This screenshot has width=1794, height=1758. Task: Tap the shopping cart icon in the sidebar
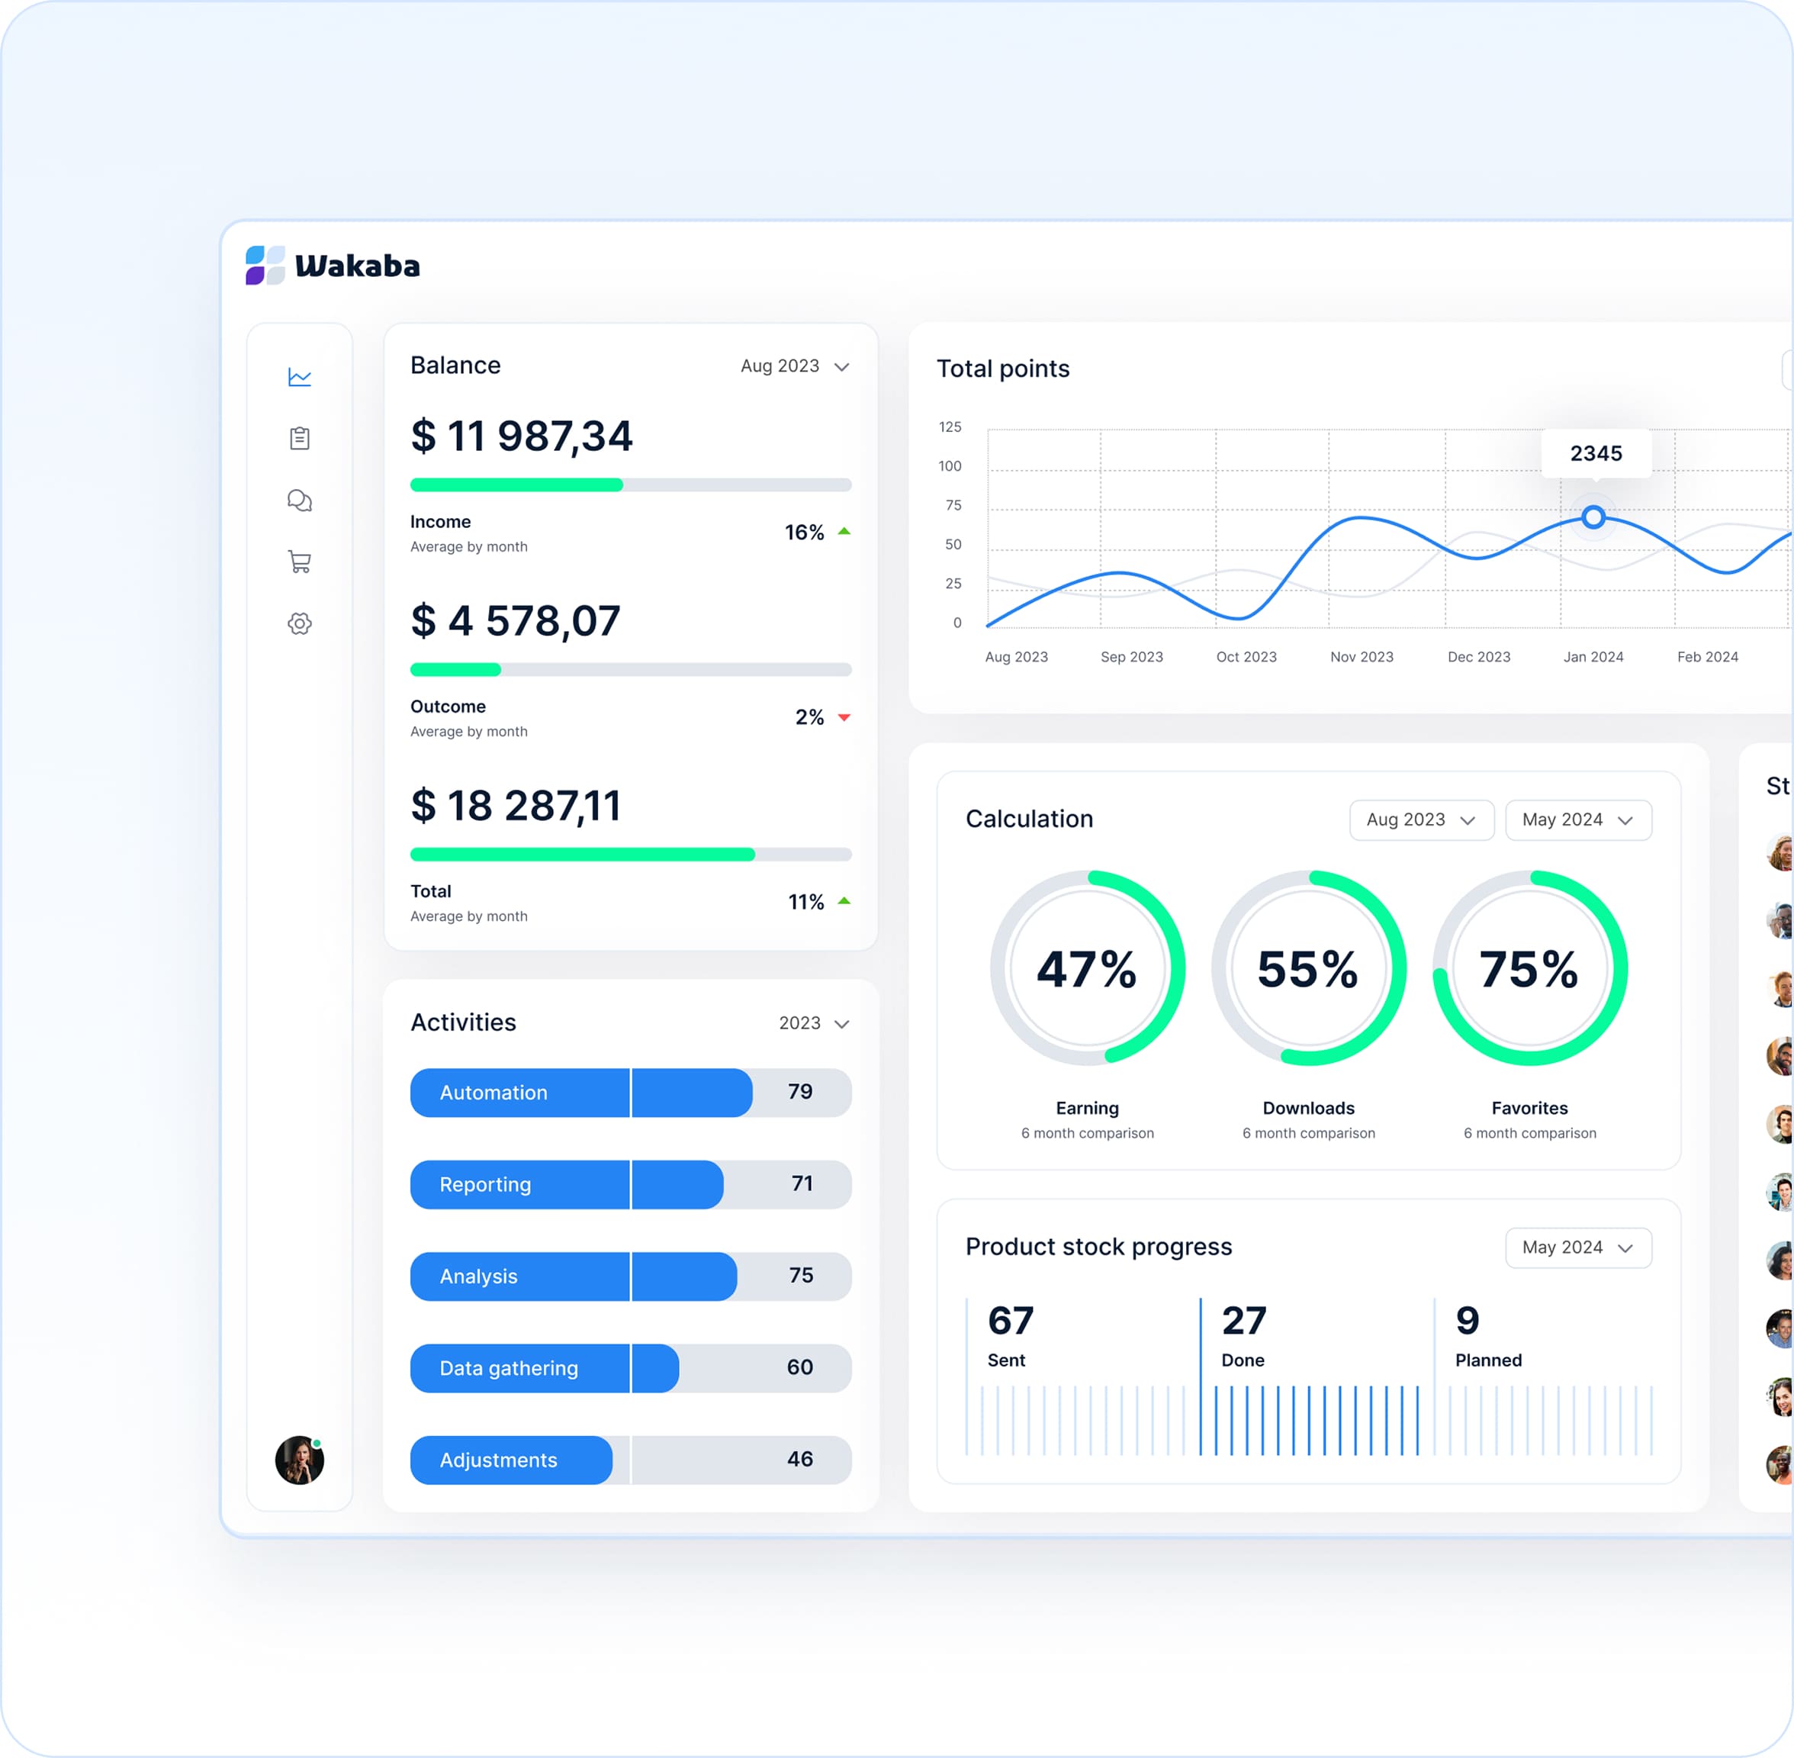point(299,562)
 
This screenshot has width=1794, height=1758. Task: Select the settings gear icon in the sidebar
point(299,623)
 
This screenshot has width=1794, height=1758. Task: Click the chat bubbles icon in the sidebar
point(299,501)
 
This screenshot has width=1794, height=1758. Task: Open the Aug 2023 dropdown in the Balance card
point(793,366)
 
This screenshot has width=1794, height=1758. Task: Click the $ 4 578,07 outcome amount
point(515,621)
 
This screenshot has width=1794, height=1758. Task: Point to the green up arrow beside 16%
point(844,531)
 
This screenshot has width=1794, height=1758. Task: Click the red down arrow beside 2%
point(844,717)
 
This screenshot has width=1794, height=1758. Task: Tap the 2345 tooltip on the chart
point(1596,453)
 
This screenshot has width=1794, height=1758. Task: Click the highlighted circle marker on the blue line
point(1593,517)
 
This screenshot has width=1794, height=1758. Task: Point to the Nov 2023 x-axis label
point(1362,656)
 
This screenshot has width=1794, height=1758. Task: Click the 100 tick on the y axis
point(950,466)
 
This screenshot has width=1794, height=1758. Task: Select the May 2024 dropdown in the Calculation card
point(1577,820)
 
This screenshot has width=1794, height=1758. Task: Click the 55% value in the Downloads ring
point(1307,970)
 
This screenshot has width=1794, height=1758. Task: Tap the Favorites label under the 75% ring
point(1529,1108)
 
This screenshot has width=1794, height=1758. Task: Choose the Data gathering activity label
point(509,1368)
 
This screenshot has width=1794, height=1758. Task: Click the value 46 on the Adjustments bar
point(799,1459)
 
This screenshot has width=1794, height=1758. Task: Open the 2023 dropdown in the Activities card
point(813,1023)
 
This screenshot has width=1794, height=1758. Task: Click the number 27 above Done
point(1243,1322)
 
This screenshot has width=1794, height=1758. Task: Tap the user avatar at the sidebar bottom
point(299,1460)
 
